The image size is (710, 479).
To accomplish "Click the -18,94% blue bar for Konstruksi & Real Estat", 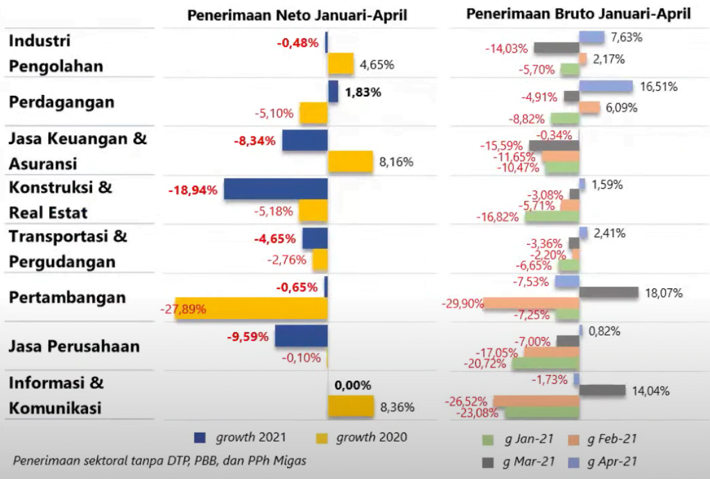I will tap(275, 189).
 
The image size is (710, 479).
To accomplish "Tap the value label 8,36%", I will tap(397, 408).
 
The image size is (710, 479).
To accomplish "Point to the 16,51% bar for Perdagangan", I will tap(606, 87).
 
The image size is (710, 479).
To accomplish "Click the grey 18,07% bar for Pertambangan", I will tap(608, 293).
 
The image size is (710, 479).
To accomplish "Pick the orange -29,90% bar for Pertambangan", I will tap(531, 304).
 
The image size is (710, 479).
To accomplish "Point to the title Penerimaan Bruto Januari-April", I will tap(578, 14).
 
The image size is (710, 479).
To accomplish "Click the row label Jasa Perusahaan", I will tap(74, 346).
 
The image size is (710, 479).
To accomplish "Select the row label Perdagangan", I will tap(62, 102).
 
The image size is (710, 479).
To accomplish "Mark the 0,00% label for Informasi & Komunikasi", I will tap(353, 385).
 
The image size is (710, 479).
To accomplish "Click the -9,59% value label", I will tap(247, 338).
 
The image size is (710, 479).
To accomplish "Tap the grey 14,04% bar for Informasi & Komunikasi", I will tap(603, 390).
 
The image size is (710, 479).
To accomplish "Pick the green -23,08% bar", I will tap(542, 412).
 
